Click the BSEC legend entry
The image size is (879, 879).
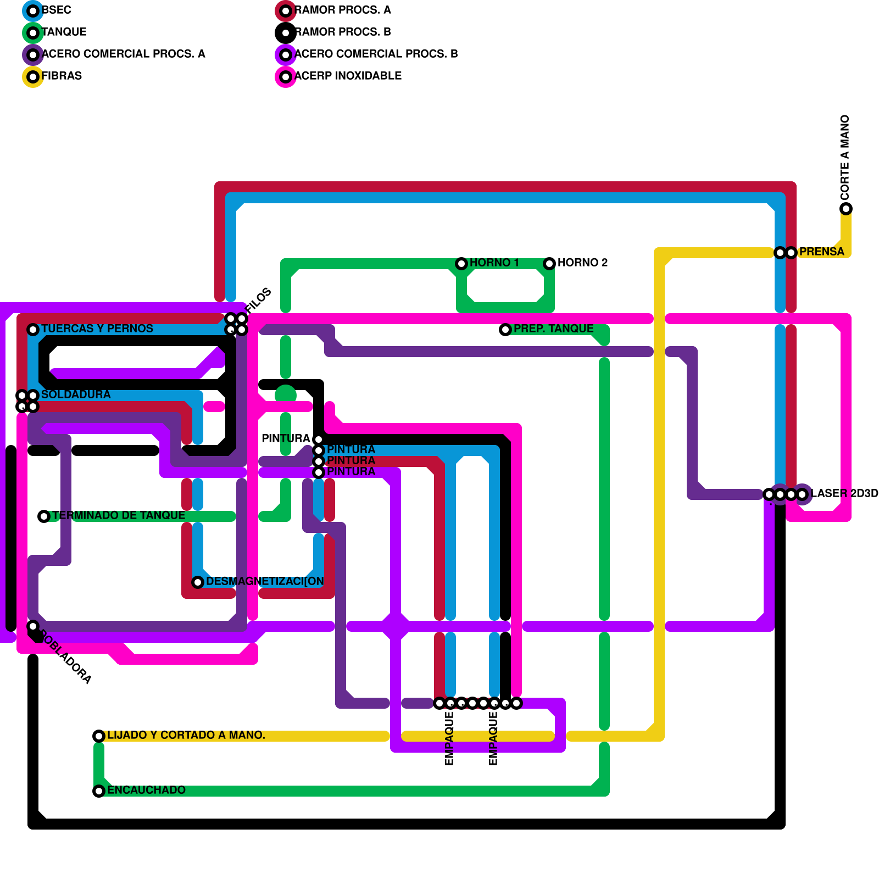pyautogui.click(x=56, y=10)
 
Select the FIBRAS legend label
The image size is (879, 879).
pyautogui.click(x=62, y=76)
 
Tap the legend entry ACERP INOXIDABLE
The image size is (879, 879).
pyautogui.click(x=348, y=76)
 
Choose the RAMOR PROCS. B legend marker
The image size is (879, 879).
pyautogui.click(x=286, y=33)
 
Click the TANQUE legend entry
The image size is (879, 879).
pyautogui.click(x=64, y=32)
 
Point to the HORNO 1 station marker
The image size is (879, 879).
pyautogui.click(x=461, y=264)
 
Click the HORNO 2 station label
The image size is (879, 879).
pyautogui.click(x=582, y=263)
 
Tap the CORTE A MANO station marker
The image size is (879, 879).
pyautogui.click(x=846, y=209)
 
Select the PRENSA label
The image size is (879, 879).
pyautogui.click(x=821, y=252)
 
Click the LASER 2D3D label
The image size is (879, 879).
pyautogui.click(x=844, y=493)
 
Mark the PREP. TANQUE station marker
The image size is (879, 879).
pyautogui.click(x=505, y=330)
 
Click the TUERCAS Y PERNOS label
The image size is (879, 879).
pyautogui.click(x=97, y=329)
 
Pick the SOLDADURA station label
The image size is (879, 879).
pyautogui.click(x=76, y=394)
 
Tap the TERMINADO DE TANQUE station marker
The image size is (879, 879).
pyautogui.click(x=44, y=516)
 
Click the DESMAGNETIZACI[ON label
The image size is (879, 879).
pyautogui.click(x=265, y=581)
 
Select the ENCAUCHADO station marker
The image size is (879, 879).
pyautogui.click(x=99, y=791)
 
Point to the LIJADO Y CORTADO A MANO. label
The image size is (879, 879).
pyautogui.click(x=186, y=735)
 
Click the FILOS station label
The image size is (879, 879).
pyautogui.click(x=258, y=301)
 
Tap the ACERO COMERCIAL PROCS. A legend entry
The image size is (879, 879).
pyautogui.click(x=123, y=54)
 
